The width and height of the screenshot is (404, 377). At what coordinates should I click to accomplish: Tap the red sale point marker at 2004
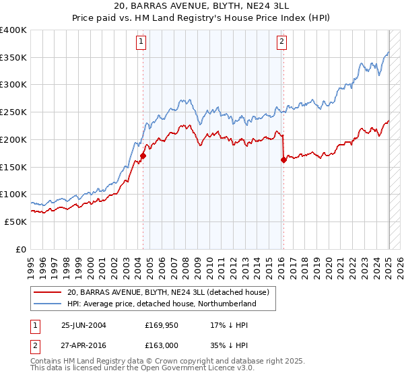pos(143,156)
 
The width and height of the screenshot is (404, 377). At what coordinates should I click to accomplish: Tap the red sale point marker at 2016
pos(283,160)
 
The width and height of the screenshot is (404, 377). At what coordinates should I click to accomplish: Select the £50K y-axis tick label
pos(15,221)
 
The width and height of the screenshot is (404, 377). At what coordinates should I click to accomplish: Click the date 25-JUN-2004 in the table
pos(83,325)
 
